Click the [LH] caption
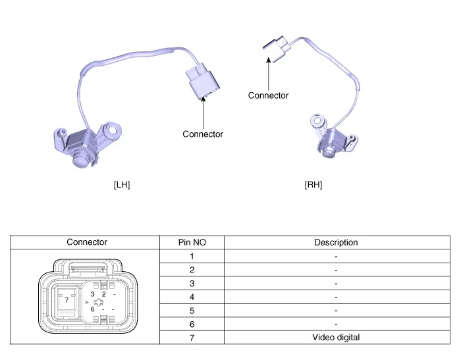tap(122, 185)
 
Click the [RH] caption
tap(313, 185)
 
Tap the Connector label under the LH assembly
tap(203, 134)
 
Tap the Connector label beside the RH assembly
tap(268, 95)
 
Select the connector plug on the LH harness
tap(203, 82)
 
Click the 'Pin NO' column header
tap(192, 242)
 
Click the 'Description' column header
tap(336, 242)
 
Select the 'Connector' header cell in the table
tap(87, 242)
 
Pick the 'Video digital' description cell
tap(336, 338)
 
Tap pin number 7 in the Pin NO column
tap(192, 338)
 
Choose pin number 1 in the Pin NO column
tap(192, 256)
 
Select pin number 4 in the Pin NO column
tap(192, 297)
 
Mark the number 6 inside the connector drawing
tap(93, 309)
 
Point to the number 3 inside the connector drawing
tap(93, 294)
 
